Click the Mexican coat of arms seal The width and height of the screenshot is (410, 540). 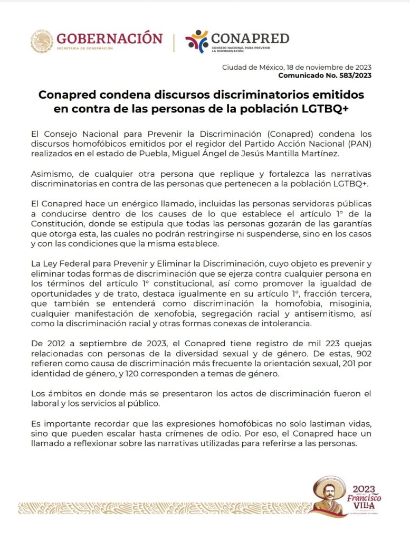point(42,41)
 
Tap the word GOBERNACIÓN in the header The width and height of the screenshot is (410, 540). point(109,39)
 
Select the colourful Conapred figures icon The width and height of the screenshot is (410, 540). point(197,41)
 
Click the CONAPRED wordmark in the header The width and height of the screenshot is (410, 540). point(250,38)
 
